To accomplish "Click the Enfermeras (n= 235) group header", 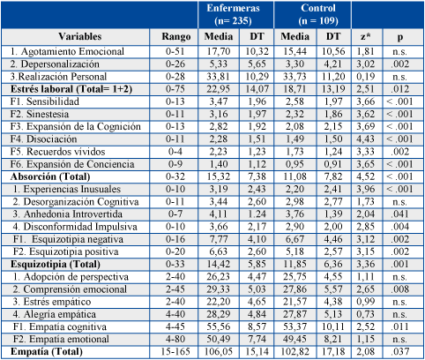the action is coord(233,14).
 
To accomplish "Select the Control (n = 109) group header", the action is coord(318,14).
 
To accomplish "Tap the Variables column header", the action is coord(79,36).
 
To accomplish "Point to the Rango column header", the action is coord(175,37).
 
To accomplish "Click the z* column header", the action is coord(366,37).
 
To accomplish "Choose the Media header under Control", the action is coord(295,36).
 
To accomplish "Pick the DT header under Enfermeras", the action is coord(257,36).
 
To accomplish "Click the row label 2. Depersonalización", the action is coord(55,64).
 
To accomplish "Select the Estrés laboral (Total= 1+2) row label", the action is coord(71,89).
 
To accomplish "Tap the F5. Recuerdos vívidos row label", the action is coord(57,152).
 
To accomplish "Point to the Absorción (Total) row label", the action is coord(50,176).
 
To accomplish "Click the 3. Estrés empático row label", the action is coord(52,302).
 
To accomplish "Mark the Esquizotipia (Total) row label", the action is coord(56,264).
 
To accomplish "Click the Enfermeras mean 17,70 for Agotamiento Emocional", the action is coord(219,51).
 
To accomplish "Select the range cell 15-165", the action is coord(175,351).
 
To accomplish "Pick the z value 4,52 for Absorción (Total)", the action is coord(366,176).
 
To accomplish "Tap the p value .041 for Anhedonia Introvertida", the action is coord(400,214).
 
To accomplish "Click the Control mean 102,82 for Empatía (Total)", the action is coord(295,351).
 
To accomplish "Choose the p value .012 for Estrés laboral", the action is coord(400,89).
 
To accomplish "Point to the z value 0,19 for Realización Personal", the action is coord(366,77).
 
